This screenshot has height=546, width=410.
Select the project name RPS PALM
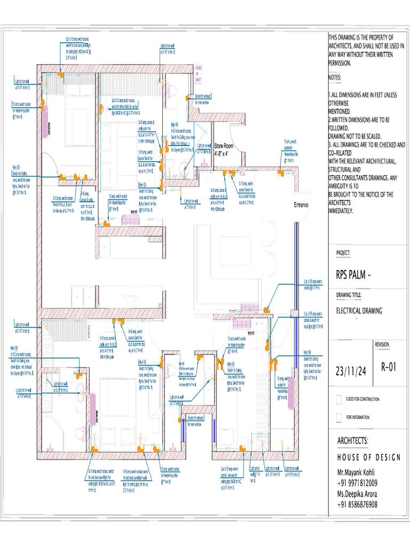point(353,276)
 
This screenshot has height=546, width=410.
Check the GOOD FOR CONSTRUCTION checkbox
point(339,399)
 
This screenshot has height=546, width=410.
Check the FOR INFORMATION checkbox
point(339,417)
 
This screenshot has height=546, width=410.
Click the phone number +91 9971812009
point(357,484)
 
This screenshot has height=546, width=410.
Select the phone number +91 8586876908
point(357,504)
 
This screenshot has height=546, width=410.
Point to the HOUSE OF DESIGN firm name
point(368,457)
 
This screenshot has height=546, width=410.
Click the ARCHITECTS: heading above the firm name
point(352,441)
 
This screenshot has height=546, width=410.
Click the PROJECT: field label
point(343,253)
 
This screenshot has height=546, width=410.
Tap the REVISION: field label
point(386,345)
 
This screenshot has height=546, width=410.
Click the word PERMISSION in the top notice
point(340,63)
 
